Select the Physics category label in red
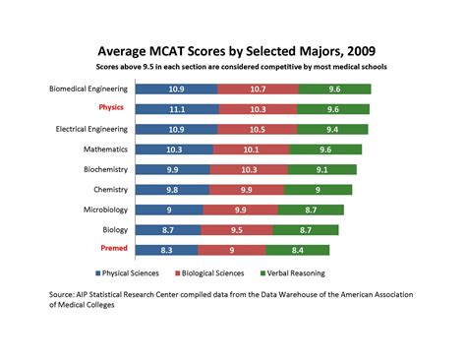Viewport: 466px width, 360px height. pos(111,108)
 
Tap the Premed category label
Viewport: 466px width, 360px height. pos(111,250)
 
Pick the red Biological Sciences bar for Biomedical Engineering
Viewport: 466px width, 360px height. pos(258,90)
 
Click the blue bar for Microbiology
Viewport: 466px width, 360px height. pos(168,210)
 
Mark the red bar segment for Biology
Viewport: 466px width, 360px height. pos(238,230)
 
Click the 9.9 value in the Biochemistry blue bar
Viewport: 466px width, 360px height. pos(172,170)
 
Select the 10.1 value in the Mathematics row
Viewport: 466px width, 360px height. pos(251,150)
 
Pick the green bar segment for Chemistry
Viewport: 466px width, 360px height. pos(316,190)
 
